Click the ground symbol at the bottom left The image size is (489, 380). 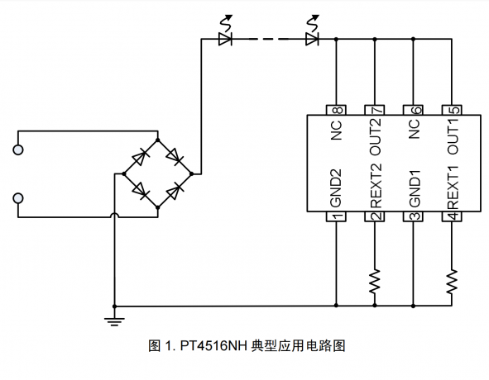114,321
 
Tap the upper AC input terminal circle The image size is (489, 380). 18,150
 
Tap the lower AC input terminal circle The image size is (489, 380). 18,198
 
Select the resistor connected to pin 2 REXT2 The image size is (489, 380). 375,282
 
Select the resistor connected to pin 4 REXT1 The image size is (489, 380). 452,282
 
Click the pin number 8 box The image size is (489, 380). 336,110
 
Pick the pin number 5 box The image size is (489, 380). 452,110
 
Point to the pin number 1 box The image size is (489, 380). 336,216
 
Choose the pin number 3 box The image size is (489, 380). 413,216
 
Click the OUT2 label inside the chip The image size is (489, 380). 376,136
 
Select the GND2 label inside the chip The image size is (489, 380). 336,188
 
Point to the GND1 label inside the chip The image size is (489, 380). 415,188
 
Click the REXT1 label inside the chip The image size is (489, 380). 453,188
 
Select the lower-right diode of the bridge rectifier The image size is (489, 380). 175,191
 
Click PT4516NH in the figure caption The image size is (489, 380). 213,346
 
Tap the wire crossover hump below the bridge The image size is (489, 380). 115,214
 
